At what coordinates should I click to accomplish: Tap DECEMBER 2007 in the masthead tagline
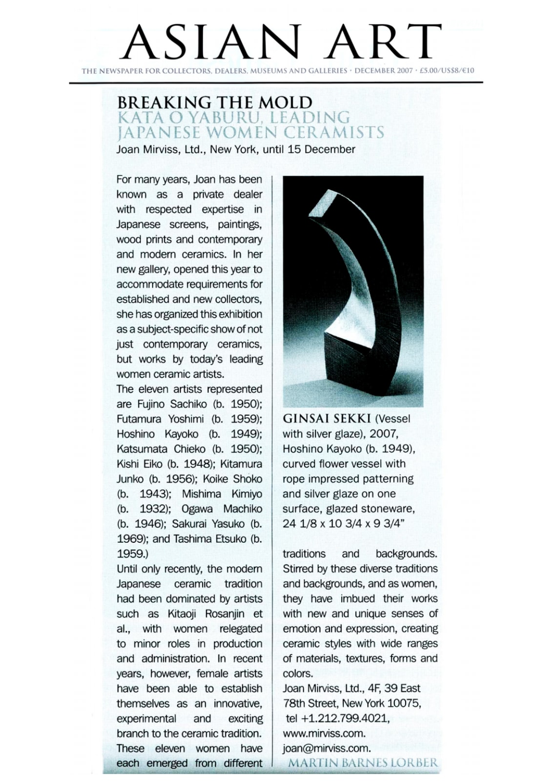[x=383, y=71]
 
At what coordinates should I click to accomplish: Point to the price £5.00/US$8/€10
[x=447, y=71]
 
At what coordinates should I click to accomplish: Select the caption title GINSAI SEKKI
[x=327, y=419]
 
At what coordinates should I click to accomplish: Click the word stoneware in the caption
[x=390, y=509]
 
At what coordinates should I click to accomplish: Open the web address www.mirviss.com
[x=324, y=733]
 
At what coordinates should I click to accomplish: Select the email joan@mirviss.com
[x=327, y=748]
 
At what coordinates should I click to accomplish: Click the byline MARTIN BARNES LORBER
[x=363, y=763]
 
